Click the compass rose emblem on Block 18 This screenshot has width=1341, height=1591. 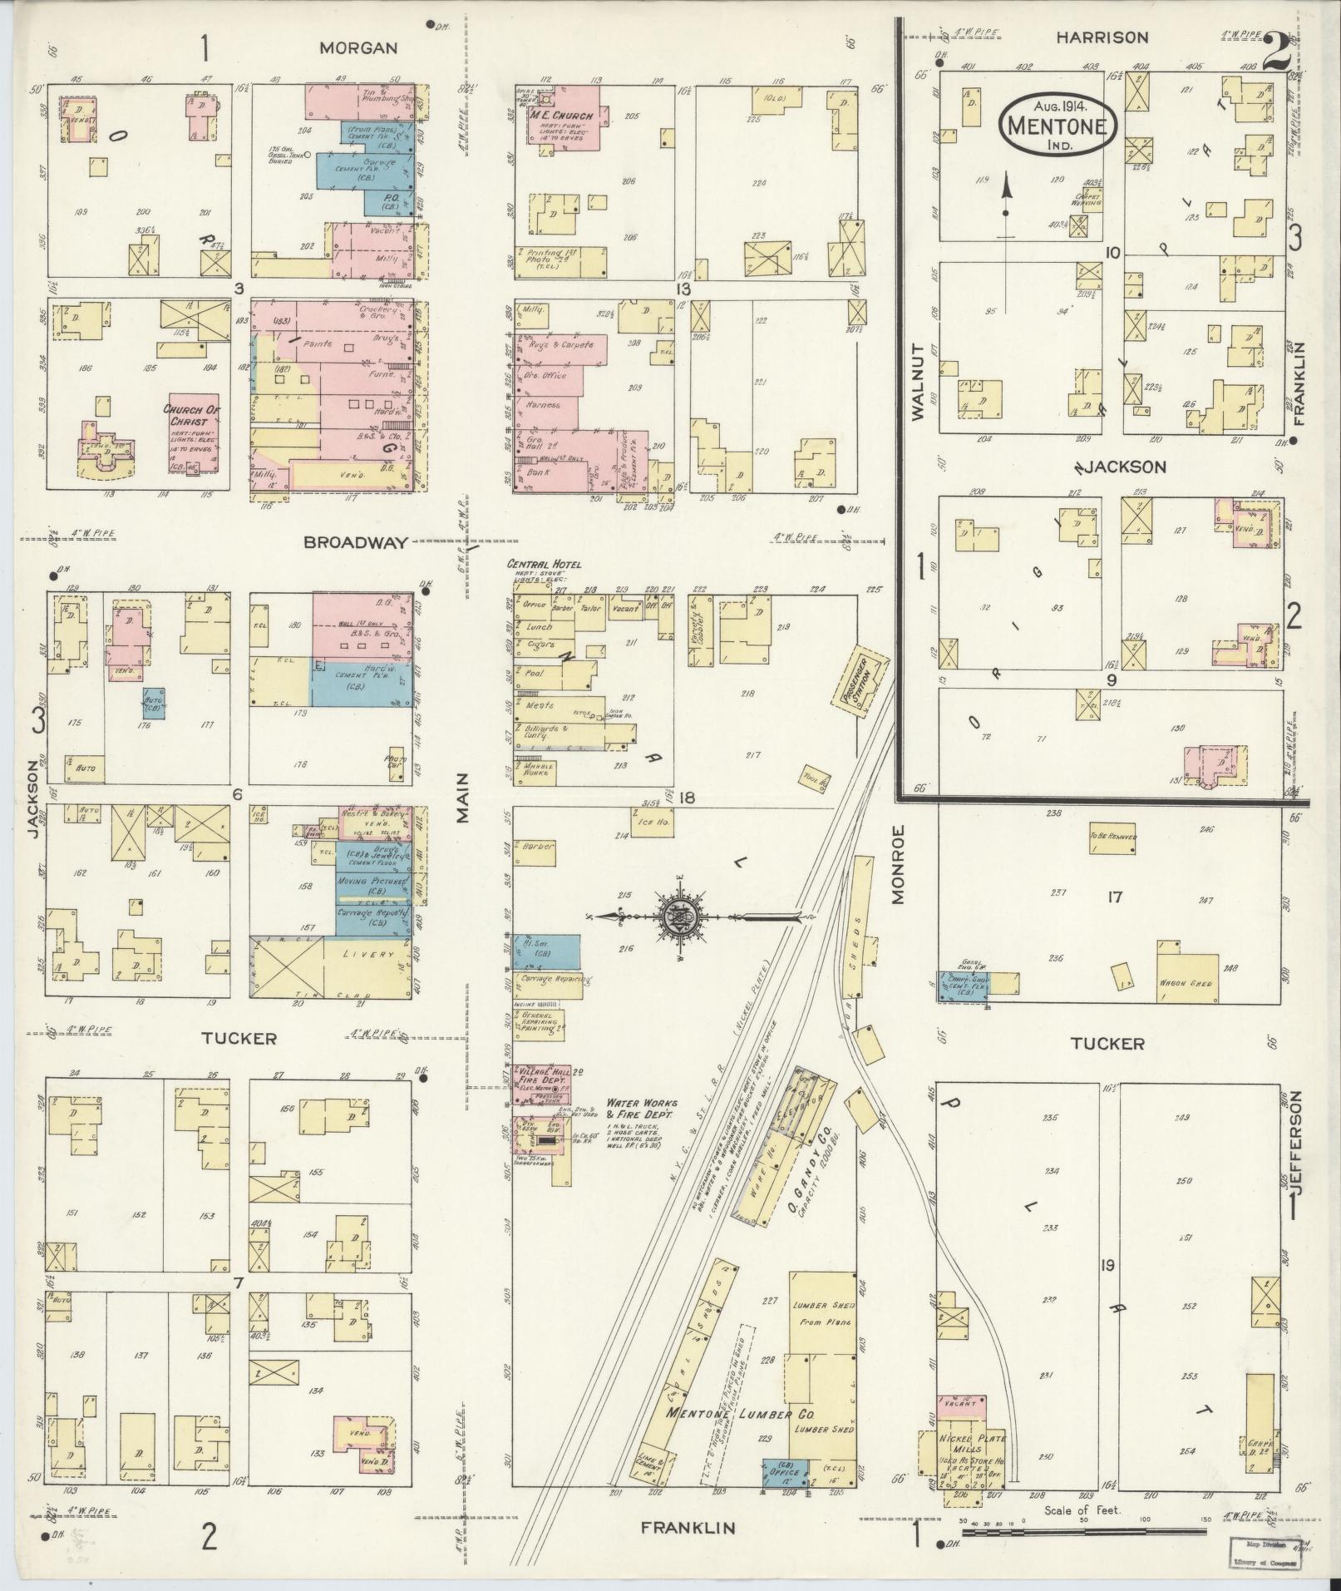click(x=681, y=917)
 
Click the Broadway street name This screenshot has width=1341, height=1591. click(x=356, y=543)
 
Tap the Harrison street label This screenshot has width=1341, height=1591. click(x=1102, y=37)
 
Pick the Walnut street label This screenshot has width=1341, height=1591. click(x=919, y=382)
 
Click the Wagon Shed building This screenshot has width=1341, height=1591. click(x=1188, y=984)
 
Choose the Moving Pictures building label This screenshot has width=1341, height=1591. click(x=372, y=882)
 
